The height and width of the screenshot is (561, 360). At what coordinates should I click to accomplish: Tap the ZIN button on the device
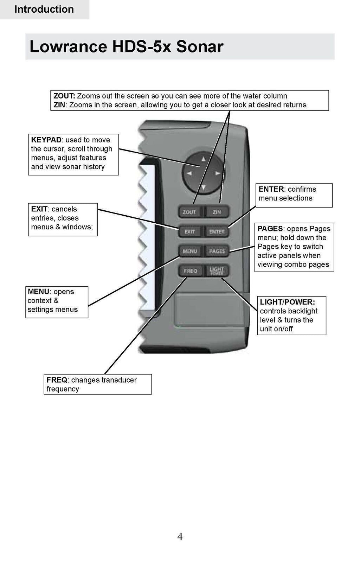click(217, 212)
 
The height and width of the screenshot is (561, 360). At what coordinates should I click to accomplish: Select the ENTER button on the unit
click(217, 232)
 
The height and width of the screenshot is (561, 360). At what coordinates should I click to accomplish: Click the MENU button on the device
click(190, 251)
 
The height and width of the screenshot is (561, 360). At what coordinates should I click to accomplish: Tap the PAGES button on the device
click(217, 251)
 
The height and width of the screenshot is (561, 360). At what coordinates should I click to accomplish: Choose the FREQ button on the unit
click(190, 271)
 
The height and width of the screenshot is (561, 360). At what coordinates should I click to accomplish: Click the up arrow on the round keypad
click(203, 159)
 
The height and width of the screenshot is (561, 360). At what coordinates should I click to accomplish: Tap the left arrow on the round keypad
click(189, 173)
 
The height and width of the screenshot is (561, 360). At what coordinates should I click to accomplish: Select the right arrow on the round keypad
click(218, 173)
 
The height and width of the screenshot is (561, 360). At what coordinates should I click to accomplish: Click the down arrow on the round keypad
click(203, 187)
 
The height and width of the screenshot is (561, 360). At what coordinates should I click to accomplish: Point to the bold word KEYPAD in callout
click(46, 140)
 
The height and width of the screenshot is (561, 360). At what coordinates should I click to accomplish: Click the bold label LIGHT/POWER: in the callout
click(287, 302)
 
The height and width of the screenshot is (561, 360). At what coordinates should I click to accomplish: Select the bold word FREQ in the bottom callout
click(57, 380)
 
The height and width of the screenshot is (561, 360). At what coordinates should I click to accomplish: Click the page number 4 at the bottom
click(180, 537)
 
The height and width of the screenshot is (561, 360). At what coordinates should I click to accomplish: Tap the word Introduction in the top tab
click(44, 9)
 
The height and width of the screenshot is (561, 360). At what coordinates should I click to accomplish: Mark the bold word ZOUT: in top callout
click(64, 96)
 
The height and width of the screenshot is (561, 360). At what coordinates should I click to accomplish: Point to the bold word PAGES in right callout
click(270, 229)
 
